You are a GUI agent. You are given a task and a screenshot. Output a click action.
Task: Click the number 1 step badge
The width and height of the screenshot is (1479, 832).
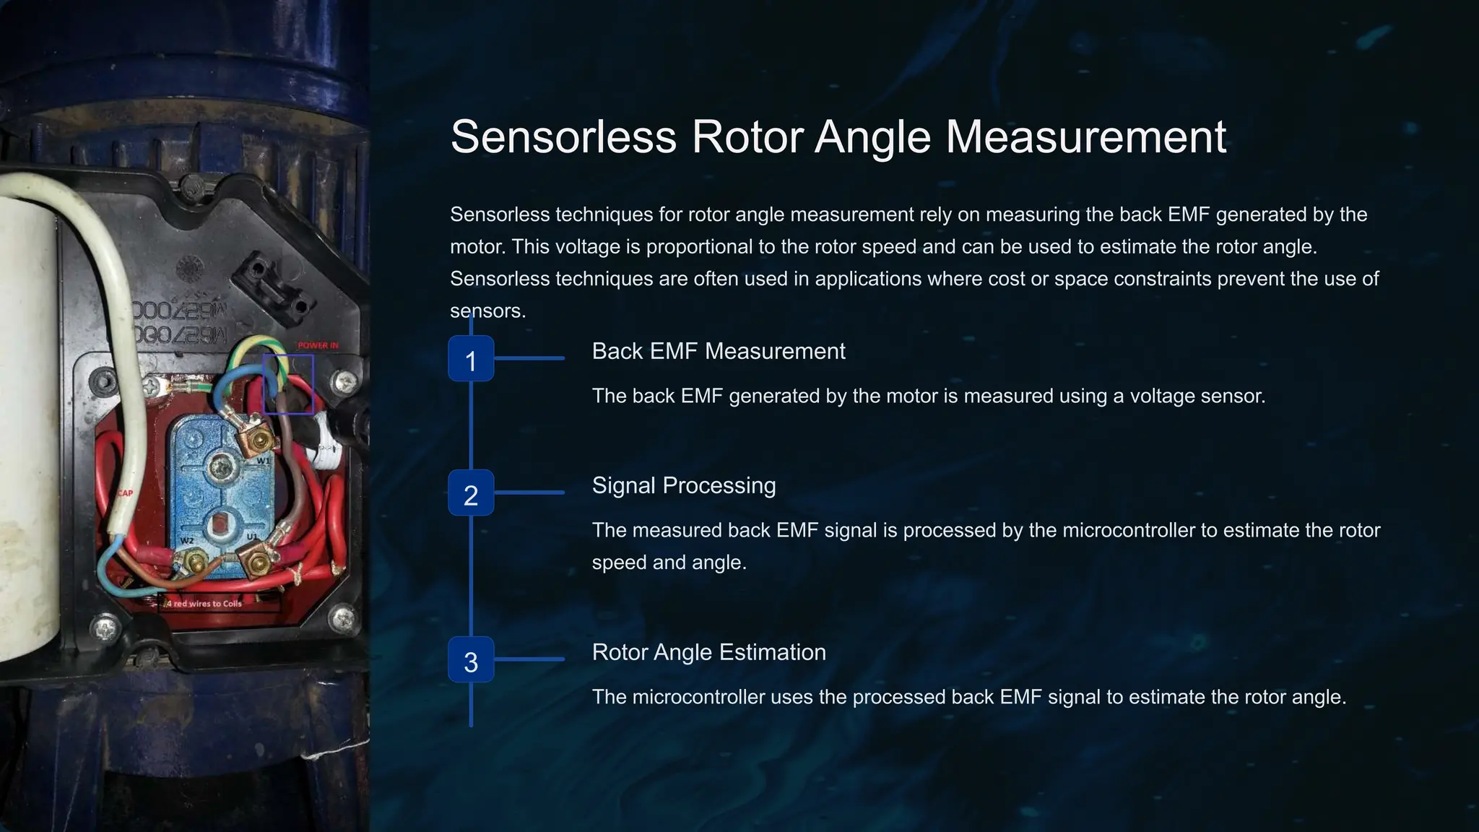(x=471, y=359)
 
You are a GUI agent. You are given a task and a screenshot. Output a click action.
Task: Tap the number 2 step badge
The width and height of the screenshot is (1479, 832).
(x=471, y=493)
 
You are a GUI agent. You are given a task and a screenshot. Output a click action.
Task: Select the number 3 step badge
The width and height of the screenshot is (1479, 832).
(x=471, y=660)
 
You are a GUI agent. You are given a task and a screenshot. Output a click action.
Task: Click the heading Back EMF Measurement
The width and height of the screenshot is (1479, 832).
(x=718, y=352)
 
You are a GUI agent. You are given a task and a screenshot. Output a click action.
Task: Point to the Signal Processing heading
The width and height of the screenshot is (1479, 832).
(x=683, y=486)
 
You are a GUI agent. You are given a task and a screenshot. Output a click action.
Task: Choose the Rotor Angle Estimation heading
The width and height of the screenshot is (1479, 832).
(x=708, y=653)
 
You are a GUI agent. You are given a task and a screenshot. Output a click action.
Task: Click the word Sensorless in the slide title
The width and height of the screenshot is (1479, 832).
(x=563, y=136)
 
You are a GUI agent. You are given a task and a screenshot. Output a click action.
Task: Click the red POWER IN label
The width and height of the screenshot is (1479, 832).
(x=318, y=346)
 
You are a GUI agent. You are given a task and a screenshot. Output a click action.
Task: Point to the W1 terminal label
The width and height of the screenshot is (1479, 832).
(x=264, y=461)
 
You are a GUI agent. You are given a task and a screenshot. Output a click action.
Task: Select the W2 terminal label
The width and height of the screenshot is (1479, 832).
(x=187, y=541)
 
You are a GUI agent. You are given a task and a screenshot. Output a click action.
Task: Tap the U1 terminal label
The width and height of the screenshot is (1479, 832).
(x=252, y=537)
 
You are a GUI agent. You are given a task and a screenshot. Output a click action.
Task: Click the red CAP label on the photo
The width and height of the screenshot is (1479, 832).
(x=126, y=493)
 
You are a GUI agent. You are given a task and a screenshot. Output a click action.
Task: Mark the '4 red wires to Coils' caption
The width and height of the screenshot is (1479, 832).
(x=204, y=604)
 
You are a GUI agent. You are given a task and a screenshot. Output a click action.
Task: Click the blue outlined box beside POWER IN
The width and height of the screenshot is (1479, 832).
(x=288, y=383)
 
